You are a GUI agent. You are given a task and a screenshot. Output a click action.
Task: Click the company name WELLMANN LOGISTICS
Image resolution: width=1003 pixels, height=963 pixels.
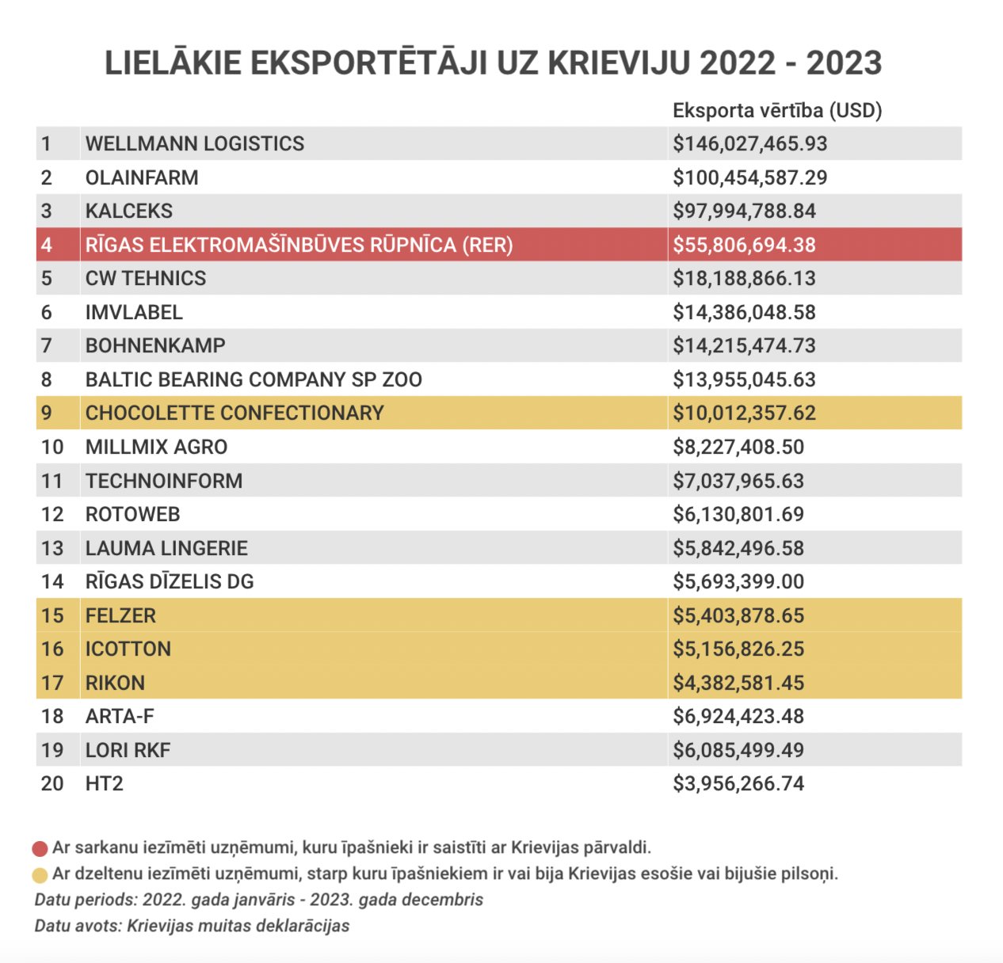coord(194,143)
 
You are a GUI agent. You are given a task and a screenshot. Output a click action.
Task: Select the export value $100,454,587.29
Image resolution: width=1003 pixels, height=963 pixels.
coord(749,177)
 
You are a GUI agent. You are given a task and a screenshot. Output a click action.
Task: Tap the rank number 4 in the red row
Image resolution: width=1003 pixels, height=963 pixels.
coord(47,244)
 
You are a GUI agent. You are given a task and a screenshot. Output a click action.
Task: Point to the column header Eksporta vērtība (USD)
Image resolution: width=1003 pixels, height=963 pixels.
coord(776,110)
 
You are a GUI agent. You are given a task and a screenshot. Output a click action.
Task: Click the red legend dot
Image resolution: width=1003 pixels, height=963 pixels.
coord(40,849)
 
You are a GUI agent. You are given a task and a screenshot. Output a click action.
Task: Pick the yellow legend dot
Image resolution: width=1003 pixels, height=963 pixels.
coord(40,875)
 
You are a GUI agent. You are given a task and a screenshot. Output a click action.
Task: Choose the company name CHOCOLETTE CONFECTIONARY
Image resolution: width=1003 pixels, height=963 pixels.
coord(235,413)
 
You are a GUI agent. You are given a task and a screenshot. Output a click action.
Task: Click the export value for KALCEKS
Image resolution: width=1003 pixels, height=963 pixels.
coord(744,211)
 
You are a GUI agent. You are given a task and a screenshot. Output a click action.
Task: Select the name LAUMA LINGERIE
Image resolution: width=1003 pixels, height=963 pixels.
coord(166,548)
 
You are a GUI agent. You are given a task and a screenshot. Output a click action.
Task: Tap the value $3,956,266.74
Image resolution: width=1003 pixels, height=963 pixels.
coord(738,783)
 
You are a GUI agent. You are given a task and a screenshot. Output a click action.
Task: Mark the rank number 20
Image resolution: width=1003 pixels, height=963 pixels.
coord(52,783)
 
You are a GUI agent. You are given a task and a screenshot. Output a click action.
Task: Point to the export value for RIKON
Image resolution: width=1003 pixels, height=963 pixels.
coord(738,683)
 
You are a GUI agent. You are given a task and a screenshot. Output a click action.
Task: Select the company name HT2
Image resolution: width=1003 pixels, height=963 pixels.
coord(104,783)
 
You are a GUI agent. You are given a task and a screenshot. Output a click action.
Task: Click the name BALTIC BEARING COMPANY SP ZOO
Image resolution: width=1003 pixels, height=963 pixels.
coord(254,379)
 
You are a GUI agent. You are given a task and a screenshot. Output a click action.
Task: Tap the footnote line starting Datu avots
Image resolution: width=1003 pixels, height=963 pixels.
coord(192,926)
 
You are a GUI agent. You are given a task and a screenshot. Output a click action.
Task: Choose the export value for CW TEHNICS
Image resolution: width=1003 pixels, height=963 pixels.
coord(744,278)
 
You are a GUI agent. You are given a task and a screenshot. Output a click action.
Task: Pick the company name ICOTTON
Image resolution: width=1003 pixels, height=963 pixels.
coord(128,649)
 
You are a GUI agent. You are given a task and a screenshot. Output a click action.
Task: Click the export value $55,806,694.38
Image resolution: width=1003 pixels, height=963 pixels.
coord(744,245)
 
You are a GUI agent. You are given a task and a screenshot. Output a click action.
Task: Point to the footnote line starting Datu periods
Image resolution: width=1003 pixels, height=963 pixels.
coord(259,900)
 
